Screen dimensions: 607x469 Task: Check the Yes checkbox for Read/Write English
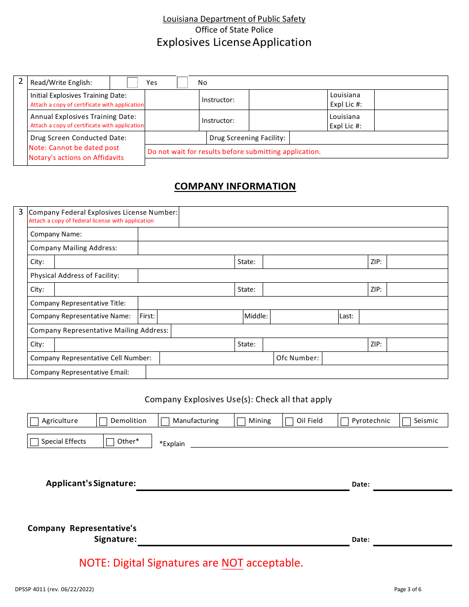132,82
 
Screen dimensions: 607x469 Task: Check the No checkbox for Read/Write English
182,82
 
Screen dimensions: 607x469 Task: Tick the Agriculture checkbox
35,421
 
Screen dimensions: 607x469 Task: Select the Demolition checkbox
103,421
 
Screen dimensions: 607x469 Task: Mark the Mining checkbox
241,421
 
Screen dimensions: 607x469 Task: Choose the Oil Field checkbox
289,421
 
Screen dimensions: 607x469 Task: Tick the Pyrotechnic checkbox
345,421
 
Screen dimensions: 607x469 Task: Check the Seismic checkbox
407,421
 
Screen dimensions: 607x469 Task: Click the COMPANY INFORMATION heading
235,187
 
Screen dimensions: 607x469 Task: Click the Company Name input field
292,234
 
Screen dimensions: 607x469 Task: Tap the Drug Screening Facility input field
368,138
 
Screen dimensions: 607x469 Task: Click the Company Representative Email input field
296,372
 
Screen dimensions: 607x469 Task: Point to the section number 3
20,212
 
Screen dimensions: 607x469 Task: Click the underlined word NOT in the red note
232,563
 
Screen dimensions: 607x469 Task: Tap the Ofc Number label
298,358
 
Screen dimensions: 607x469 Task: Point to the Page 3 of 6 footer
408,589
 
